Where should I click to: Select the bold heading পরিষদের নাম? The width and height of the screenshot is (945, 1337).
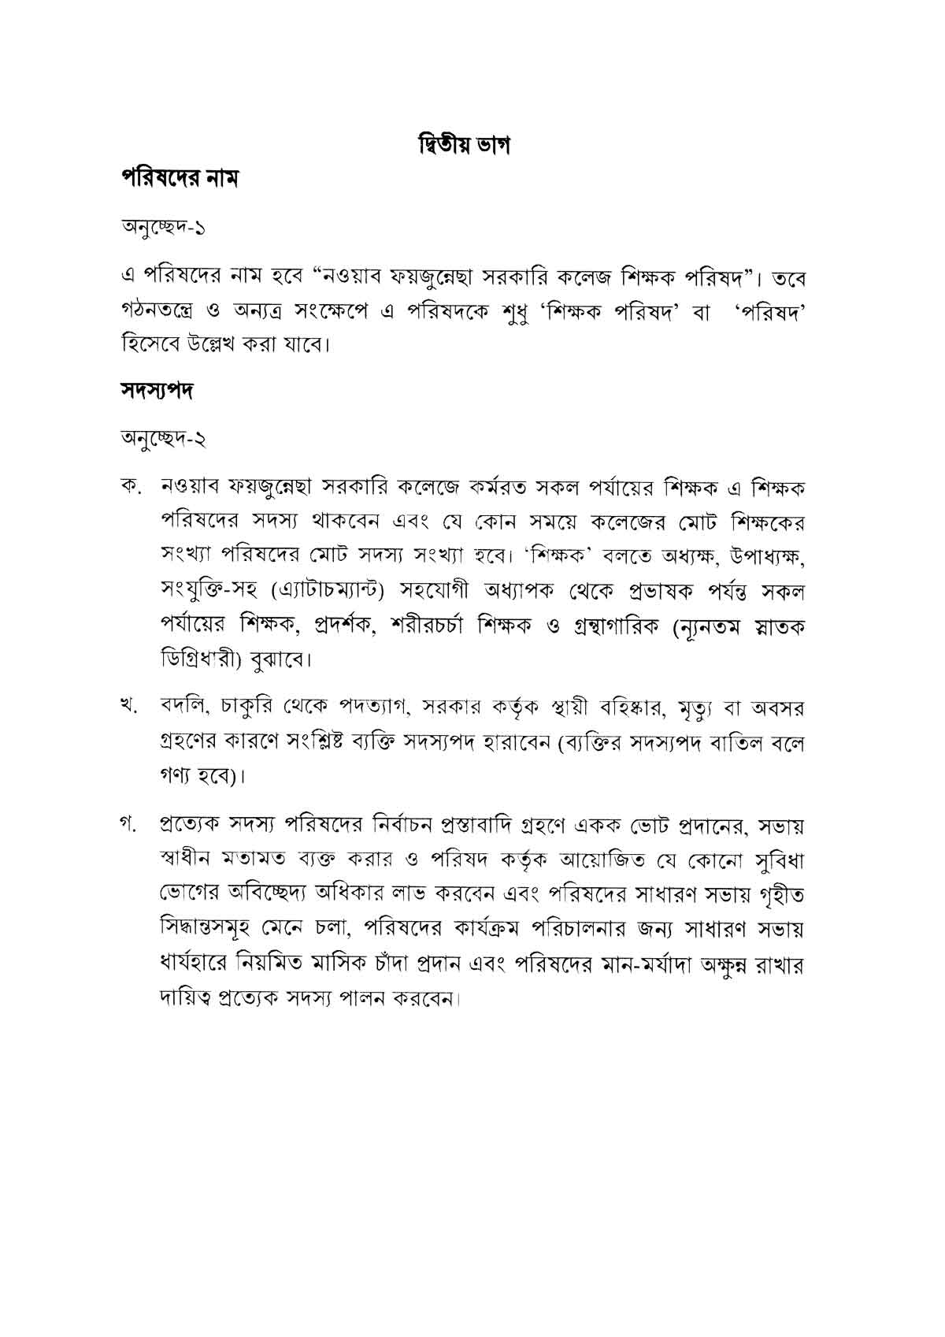click(179, 178)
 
